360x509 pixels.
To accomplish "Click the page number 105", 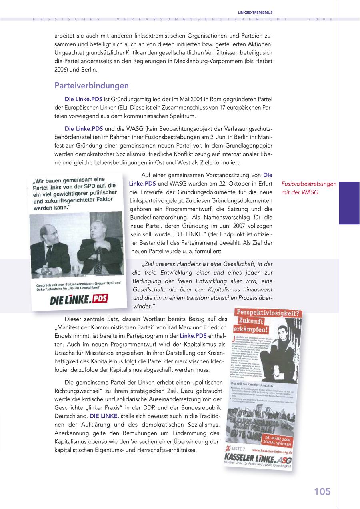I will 322,491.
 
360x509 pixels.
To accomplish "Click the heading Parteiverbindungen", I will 92,86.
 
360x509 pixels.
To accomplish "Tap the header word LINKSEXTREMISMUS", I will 255,12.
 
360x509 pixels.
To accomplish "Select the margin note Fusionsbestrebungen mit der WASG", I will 308,188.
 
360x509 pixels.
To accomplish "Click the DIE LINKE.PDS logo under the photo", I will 79,299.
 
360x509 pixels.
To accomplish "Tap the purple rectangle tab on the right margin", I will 349,203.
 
